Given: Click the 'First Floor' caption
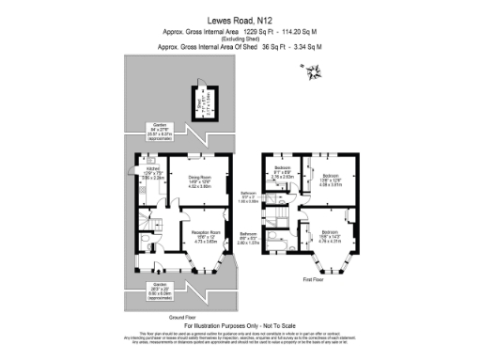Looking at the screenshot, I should pyautogui.click(x=315, y=279).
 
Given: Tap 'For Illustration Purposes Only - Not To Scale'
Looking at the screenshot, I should pyautogui.click(x=240, y=324).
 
